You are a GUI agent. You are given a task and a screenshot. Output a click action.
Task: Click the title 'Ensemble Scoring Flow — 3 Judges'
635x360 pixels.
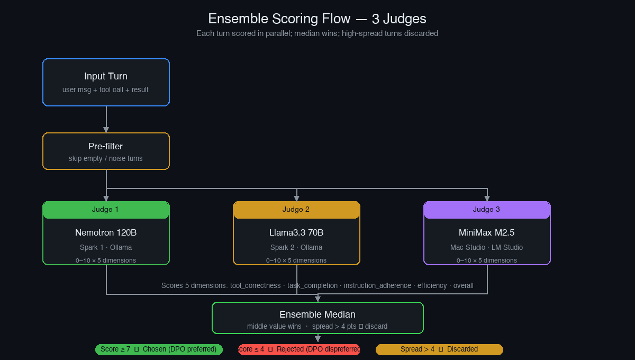[317, 19]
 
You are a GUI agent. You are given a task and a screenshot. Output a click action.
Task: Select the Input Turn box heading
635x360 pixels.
[106, 76]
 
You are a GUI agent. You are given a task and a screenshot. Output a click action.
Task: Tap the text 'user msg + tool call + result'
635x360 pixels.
[105, 89]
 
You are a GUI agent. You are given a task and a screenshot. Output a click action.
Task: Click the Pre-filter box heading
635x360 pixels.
[106, 146]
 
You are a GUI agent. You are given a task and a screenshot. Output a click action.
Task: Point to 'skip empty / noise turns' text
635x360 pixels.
[106, 158]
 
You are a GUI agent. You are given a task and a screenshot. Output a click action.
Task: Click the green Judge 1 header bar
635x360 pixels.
[106, 210]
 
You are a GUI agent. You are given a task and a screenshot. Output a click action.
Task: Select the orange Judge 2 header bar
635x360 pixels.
[296, 210]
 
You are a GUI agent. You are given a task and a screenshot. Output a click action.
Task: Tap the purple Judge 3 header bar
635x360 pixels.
[487, 210]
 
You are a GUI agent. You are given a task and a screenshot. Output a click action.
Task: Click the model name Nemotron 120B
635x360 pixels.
[106, 232]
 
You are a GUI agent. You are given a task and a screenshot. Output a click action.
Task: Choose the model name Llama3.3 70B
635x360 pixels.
[296, 232]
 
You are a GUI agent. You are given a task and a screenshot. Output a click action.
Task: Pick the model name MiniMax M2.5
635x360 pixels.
[487, 232]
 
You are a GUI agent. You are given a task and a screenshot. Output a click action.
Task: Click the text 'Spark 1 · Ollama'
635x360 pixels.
[106, 247]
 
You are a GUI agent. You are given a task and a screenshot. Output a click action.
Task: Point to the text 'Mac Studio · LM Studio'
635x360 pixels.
[487, 247]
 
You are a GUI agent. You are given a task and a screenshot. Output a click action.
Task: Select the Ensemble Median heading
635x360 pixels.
[317, 314]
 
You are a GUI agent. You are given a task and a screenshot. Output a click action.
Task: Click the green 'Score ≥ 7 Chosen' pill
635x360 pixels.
[159, 349]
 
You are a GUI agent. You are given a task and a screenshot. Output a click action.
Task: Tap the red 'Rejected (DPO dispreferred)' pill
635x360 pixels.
[299, 349]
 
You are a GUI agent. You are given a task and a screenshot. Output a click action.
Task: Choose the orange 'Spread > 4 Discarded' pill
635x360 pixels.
[439, 349]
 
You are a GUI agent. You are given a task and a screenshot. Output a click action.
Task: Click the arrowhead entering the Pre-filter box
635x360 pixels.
[106, 130]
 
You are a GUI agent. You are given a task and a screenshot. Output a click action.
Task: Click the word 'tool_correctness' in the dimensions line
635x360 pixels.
[255, 285]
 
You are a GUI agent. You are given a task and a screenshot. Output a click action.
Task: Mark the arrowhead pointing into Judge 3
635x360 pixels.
[487, 199]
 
